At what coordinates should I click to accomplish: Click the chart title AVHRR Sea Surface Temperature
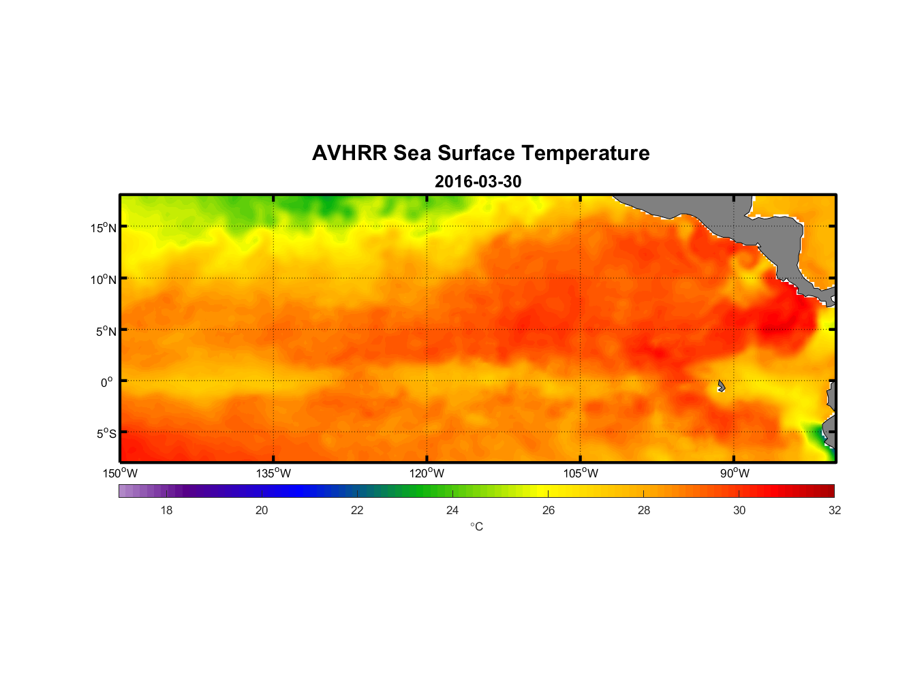480,153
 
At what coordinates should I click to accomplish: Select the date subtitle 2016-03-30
478,182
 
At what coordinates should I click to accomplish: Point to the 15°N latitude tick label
104,227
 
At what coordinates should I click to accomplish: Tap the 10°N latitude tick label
104,279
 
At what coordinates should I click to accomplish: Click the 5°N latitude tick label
106,331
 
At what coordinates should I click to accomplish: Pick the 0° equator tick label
107,382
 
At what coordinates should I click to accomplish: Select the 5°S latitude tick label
106,434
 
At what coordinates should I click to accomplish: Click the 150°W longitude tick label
120,473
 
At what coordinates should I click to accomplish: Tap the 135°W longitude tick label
273,473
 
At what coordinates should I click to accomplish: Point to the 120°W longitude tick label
427,473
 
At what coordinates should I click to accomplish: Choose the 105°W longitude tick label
581,473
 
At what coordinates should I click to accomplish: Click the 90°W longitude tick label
735,473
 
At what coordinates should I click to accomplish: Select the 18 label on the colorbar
166,510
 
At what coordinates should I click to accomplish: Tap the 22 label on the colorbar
357,510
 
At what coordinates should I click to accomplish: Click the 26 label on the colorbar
549,510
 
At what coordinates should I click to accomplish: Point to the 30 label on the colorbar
739,510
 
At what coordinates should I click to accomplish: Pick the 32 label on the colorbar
835,510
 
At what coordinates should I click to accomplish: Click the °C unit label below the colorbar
476,526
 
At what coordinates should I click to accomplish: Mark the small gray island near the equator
721,385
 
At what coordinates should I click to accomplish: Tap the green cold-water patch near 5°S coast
815,435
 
